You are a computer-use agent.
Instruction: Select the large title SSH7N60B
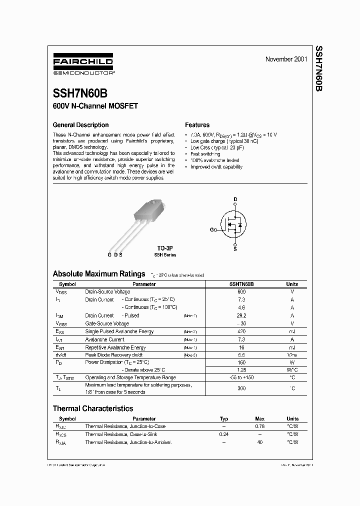pos(79,93)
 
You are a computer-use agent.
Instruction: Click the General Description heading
pos(80,125)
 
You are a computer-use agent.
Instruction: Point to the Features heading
pos(197,125)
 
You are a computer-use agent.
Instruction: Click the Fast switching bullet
pos(205,154)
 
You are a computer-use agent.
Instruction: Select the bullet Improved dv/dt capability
pos(216,167)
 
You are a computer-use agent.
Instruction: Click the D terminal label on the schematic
pos(235,199)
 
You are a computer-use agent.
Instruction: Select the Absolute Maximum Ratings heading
pos(99,273)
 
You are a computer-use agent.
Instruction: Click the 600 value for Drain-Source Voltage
pos(241,291)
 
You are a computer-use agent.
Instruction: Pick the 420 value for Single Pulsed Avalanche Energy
pos(241,331)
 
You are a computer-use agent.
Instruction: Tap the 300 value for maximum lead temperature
pos(241,388)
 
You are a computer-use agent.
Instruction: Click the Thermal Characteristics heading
pos(93,408)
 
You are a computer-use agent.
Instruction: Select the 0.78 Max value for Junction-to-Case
pos(260,426)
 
